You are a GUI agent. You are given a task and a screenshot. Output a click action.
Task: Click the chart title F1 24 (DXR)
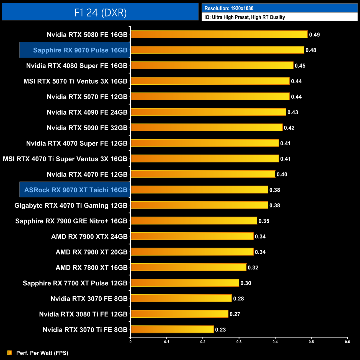100,12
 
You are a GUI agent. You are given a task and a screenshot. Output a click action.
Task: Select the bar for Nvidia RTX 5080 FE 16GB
219,34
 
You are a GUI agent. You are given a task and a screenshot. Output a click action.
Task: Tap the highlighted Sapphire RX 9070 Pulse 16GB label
80,50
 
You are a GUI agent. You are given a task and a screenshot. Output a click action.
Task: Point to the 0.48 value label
311,50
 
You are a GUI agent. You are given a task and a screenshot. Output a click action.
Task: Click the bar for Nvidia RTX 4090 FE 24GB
208,112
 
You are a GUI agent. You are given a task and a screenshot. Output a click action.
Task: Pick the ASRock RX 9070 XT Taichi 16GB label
76,190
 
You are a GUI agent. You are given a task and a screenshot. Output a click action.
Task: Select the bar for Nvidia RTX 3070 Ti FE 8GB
172,330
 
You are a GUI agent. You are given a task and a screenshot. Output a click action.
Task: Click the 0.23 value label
220,330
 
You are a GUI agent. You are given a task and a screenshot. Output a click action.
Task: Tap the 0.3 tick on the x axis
239,342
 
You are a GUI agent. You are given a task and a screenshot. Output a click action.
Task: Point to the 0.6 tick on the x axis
347,342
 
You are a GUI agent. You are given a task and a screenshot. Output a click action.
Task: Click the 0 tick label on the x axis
130,342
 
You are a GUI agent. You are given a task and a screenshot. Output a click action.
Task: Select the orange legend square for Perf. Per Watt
9,353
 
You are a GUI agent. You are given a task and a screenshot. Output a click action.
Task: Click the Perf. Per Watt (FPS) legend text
42,353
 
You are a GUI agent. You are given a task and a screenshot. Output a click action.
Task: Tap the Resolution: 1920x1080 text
229,8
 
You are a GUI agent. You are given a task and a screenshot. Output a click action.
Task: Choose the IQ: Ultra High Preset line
245,17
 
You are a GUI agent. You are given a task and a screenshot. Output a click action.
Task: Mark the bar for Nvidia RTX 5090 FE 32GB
206,127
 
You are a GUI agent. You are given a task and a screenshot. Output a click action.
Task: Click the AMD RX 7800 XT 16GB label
91,268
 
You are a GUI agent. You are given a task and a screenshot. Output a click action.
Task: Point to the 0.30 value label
246,283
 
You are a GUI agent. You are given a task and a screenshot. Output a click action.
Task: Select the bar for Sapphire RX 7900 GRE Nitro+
194,221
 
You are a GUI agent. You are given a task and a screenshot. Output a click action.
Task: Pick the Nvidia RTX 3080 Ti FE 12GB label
83,314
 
